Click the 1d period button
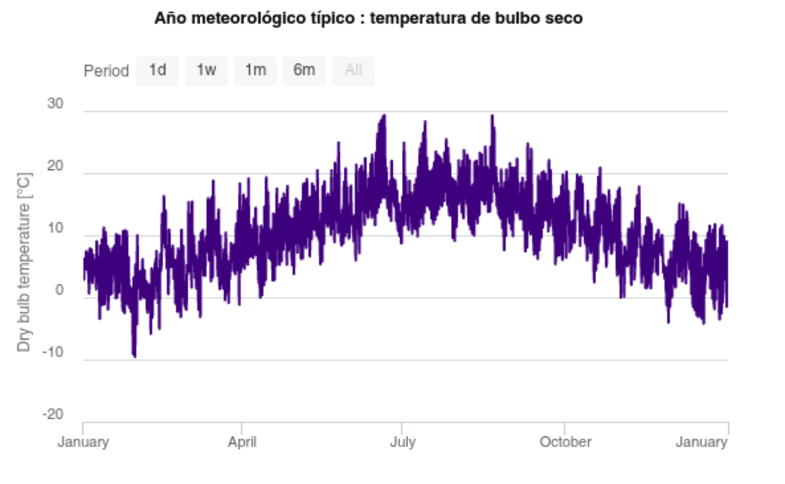pos(158,70)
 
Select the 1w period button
pos(207,70)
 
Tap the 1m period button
pos(255,70)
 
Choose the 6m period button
pos(304,70)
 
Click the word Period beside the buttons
pos(106,71)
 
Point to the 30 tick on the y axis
pos(55,104)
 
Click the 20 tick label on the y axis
pos(55,167)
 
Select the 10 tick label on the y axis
pos(55,229)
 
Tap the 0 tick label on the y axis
pos(59,291)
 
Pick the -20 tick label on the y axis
pos(52,415)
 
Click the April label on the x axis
pos(242,442)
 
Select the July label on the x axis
pos(402,442)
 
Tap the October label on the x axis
pos(565,442)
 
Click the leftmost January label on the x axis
pos(83,442)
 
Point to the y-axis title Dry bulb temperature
pos(24,262)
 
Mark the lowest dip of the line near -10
pos(134,356)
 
